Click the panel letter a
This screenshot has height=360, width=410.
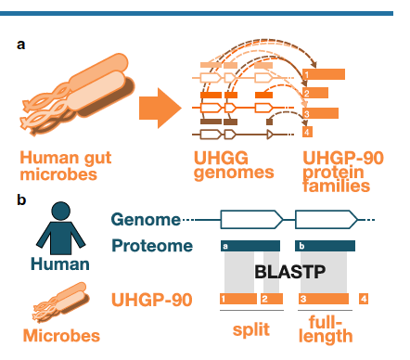[20, 45]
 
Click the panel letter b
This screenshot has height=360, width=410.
[21, 199]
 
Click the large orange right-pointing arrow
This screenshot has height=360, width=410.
[160, 108]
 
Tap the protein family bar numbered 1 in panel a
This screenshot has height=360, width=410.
[324, 74]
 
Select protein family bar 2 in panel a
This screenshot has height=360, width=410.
[315, 93]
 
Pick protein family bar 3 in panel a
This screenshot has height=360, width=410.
[320, 113]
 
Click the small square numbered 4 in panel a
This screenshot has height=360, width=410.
[307, 132]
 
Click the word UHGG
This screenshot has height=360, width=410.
[221, 158]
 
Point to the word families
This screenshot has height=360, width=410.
[337, 186]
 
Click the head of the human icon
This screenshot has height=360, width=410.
[61, 211]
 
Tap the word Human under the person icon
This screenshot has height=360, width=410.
[60, 264]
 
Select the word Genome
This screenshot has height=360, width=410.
[146, 220]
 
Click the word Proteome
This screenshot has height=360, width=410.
[152, 246]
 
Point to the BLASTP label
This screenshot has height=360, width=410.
[290, 272]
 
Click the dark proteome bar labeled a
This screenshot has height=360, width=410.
[250, 246]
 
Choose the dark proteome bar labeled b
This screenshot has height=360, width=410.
[326, 246]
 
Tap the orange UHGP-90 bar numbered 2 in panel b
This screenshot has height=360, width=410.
[272, 299]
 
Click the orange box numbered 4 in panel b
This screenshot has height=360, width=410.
[364, 299]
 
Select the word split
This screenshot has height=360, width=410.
[251, 329]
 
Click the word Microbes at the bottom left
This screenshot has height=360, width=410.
[61, 336]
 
